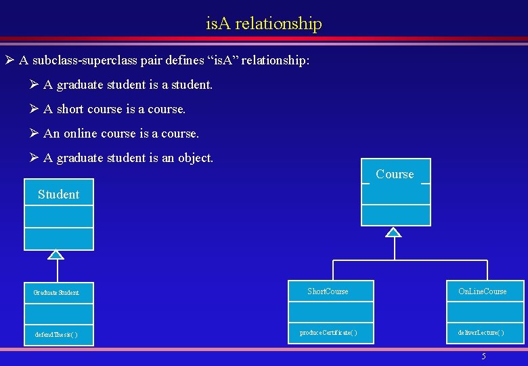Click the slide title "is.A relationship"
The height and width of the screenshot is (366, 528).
coord(264,24)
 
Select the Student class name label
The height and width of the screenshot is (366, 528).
coord(58,195)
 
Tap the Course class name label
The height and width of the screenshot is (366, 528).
coord(395,174)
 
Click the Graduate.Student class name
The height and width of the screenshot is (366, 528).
coord(56,293)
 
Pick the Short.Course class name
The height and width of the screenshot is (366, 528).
coord(328,291)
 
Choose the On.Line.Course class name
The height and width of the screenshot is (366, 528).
coord(482,291)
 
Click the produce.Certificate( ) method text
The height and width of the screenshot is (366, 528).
coord(329,333)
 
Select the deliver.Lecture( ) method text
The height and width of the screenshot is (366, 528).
coord(481,333)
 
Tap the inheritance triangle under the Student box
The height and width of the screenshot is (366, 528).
coord(57,255)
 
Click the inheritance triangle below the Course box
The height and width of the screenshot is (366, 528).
coord(394,232)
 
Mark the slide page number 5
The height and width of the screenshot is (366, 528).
coord(483,357)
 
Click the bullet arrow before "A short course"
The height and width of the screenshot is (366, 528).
coord(35,109)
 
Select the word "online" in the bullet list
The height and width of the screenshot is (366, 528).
coord(81,134)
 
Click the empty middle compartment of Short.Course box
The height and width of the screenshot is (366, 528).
coord(330,312)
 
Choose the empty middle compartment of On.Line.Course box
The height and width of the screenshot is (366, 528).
coord(485,312)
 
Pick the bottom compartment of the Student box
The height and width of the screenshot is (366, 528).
coord(59,239)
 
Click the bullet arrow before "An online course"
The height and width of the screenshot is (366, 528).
coord(35,134)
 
